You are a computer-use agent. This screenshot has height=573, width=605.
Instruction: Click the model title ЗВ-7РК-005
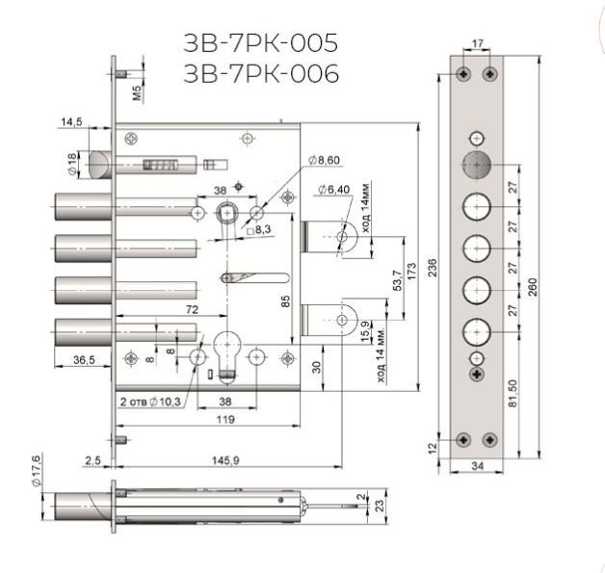261,42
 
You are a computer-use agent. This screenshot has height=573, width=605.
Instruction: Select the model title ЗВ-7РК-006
261,73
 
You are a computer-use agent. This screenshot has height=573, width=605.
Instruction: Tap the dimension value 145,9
225,460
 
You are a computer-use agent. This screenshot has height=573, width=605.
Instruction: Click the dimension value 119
225,420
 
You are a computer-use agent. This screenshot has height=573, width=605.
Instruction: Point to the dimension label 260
533,287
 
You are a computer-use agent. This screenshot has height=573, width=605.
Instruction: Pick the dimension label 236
433,268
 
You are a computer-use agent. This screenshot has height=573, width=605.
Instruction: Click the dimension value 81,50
513,393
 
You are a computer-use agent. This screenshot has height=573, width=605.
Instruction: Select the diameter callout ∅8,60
324,160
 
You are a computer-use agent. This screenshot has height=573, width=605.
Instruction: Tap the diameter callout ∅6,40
334,190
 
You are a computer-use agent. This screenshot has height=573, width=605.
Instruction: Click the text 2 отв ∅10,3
150,402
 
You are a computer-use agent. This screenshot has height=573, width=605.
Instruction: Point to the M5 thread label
138,92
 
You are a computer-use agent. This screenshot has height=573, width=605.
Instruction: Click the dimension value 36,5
84,360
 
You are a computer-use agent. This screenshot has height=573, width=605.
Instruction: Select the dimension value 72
192,309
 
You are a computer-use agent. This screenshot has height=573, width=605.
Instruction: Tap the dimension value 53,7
397,280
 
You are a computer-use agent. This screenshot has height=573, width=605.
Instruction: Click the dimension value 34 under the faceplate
477,466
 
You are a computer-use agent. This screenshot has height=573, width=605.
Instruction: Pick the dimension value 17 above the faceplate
478,43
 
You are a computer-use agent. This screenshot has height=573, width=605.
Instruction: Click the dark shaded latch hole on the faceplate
477,165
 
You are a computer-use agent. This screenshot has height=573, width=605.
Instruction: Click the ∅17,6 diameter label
36,470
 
